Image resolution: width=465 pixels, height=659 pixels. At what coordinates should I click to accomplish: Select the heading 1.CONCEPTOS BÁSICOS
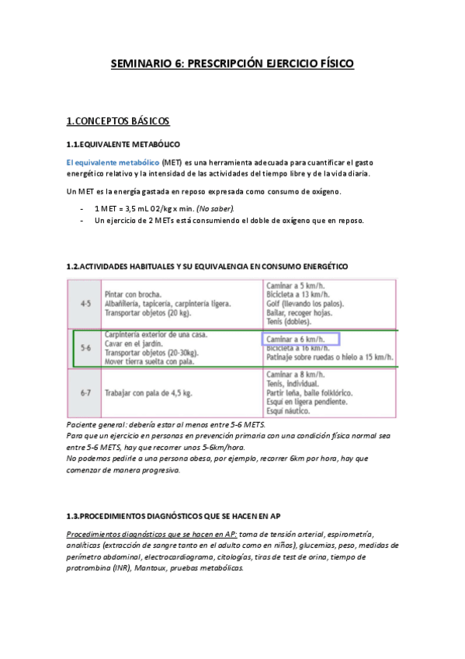pos(118,121)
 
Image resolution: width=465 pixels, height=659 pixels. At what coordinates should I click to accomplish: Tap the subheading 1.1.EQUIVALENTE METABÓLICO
pos(123,145)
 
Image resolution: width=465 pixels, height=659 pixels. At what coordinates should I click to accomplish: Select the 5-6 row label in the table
pos(86,349)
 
